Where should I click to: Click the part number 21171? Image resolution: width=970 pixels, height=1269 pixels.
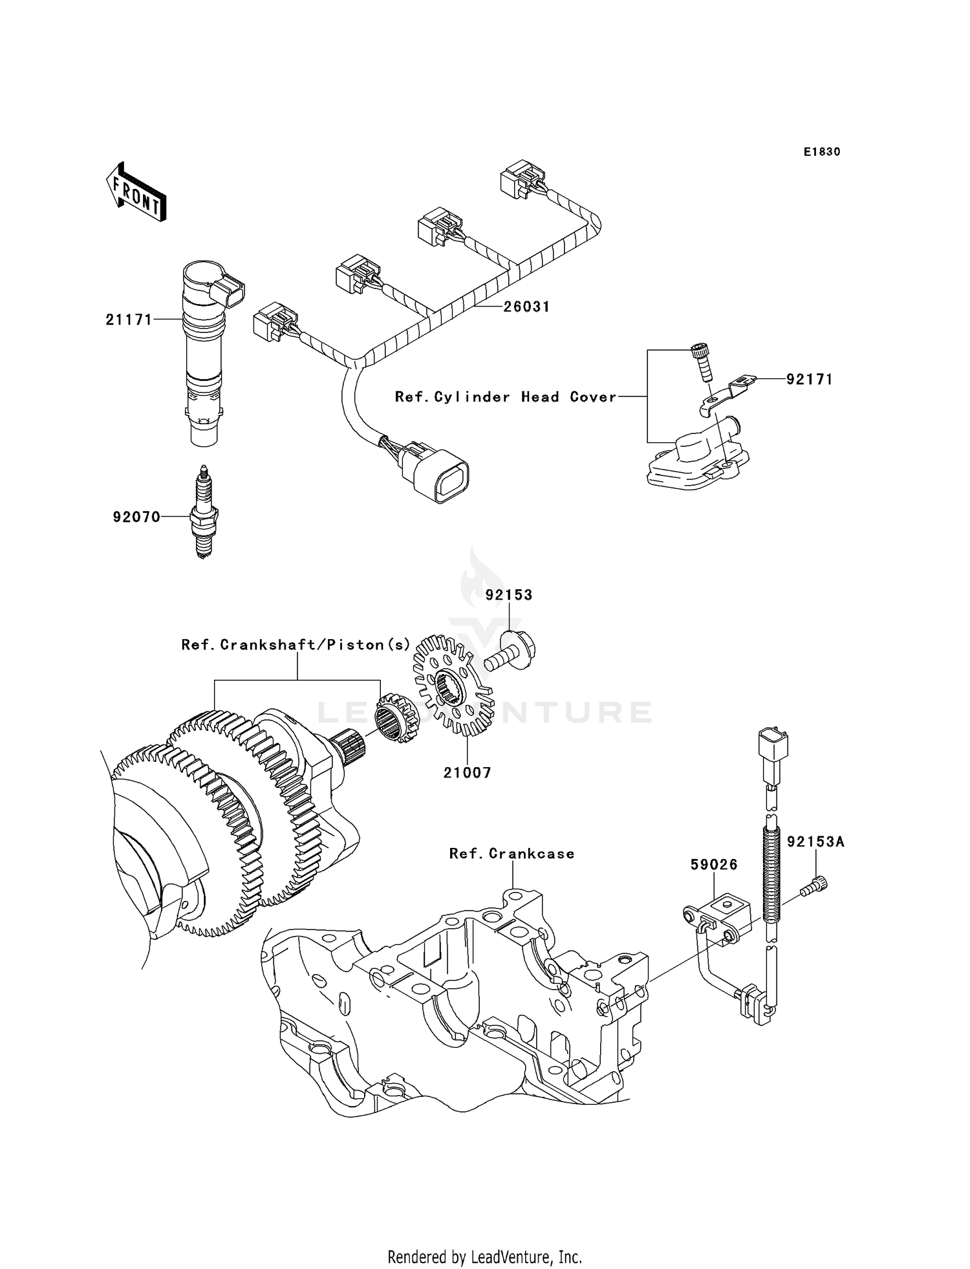[129, 320]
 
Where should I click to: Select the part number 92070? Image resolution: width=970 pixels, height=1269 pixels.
[136, 517]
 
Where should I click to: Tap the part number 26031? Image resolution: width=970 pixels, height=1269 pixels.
[526, 307]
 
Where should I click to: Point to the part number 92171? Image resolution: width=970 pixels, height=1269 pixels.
[809, 379]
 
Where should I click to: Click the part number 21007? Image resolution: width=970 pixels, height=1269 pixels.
[467, 772]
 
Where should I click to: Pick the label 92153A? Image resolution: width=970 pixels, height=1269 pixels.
[815, 841]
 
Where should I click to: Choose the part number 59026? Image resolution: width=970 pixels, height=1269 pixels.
[713, 865]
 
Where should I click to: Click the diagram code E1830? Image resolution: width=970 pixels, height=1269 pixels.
[821, 152]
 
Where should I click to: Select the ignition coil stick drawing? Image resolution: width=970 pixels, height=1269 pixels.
[207, 352]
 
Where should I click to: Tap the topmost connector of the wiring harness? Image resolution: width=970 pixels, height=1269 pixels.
[522, 178]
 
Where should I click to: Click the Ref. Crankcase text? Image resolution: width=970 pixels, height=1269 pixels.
[512, 854]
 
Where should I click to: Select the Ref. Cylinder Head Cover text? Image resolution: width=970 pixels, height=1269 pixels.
[505, 397]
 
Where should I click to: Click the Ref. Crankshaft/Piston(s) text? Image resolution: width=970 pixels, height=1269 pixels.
[296, 645]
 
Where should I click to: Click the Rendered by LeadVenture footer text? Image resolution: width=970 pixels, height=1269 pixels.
[484, 1257]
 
